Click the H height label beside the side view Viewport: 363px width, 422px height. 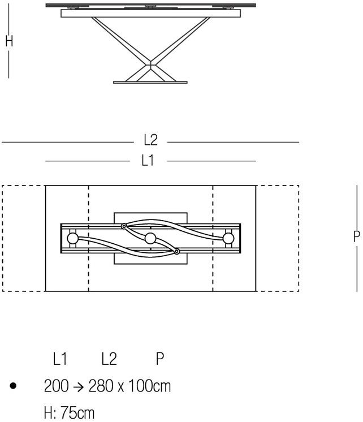click(9, 41)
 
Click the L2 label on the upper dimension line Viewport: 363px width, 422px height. click(151, 140)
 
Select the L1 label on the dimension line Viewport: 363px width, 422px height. click(148, 161)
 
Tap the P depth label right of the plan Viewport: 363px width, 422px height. click(357, 236)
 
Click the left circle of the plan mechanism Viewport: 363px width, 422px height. click(72, 239)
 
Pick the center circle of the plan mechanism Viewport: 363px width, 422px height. click(150, 239)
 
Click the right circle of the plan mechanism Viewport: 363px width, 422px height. click(228, 239)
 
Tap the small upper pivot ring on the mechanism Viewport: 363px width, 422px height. click(124, 226)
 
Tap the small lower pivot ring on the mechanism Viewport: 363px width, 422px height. click(177, 251)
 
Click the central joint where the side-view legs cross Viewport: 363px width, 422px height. click(151, 65)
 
